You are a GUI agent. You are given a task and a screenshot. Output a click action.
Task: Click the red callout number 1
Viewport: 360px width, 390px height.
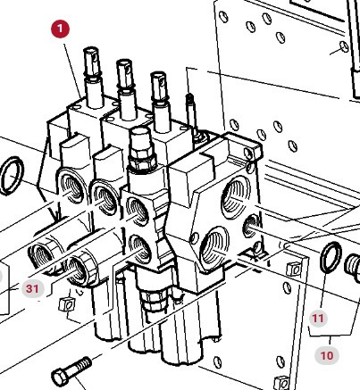[x=59, y=29]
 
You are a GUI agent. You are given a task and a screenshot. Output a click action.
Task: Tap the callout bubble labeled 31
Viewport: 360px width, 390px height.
[x=32, y=288]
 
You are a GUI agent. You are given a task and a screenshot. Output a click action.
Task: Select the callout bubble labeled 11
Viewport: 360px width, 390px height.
[x=319, y=317]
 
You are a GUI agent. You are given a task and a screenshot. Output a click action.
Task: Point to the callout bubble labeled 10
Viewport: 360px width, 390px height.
[x=327, y=355]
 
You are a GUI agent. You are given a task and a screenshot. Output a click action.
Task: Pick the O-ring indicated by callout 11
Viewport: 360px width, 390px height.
[x=330, y=260]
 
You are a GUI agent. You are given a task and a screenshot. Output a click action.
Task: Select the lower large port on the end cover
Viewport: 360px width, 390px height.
[x=217, y=243]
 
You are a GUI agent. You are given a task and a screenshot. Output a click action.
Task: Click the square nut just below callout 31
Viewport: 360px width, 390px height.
[x=63, y=306]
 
